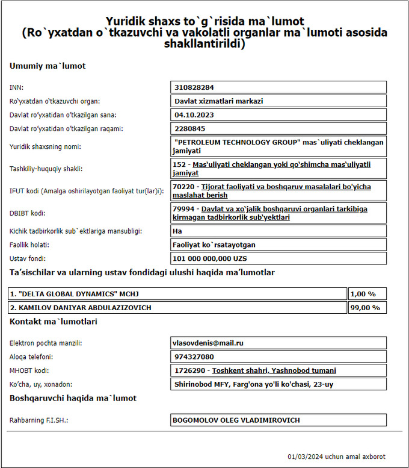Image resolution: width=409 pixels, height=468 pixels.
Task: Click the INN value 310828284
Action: [194, 88]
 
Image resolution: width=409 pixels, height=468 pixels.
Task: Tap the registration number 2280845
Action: [190, 128]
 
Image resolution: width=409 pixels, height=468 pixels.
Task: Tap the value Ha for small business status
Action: [179, 231]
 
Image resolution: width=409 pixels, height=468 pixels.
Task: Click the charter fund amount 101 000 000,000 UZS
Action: [210, 258]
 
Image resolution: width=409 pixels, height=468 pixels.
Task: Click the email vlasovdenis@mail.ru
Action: [208, 343]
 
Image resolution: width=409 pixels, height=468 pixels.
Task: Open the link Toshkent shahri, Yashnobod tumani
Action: [274, 370]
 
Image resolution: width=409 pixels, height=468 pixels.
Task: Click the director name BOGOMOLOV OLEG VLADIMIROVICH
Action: [236, 420]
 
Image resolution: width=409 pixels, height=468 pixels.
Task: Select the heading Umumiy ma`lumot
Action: [48, 66]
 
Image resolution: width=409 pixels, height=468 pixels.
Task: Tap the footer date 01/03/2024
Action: [306, 457]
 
